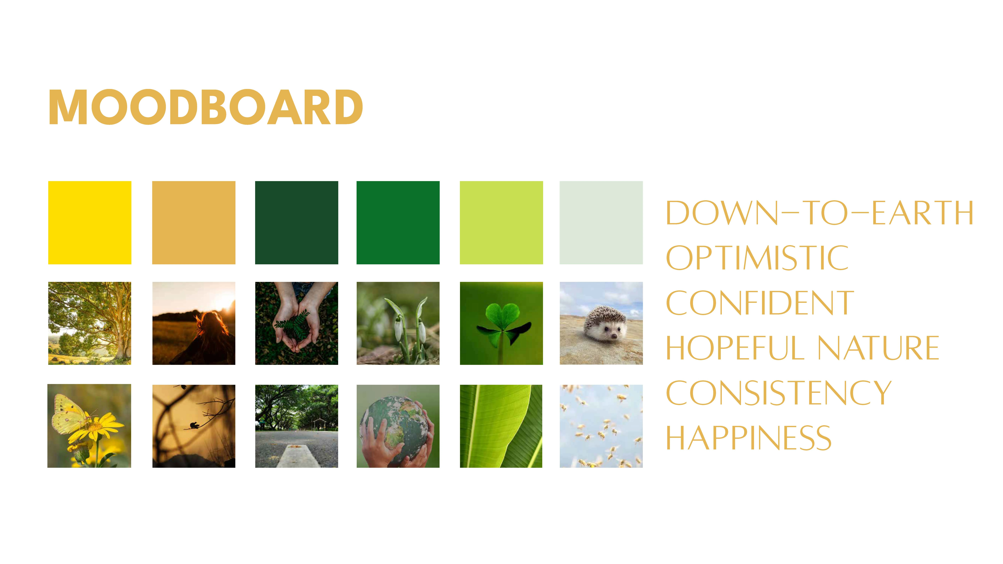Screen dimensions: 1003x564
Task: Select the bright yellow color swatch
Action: click(x=90, y=223)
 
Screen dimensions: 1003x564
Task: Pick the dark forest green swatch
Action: click(x=297, y=223)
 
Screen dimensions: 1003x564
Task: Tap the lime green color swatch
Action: click(x=501, y=223)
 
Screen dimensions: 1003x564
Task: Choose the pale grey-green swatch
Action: click(x=601, y=223)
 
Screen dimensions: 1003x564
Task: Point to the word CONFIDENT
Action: click(x=760, y=303)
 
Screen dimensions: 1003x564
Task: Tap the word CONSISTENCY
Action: click(x=779, y=393)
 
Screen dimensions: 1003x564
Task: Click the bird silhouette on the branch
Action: click(x=194, y=425)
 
